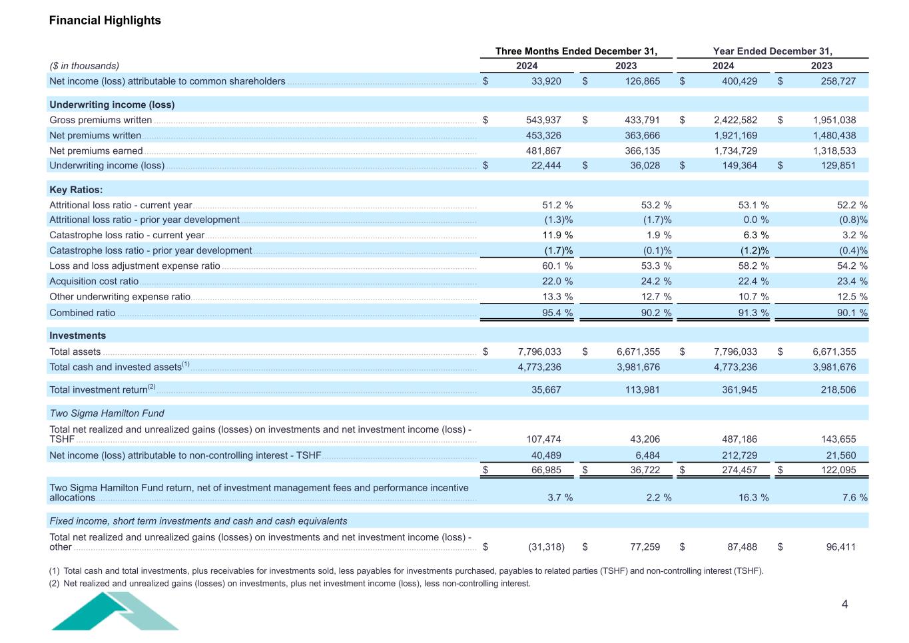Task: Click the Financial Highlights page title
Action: coord(105,20)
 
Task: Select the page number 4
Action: coord(845,604)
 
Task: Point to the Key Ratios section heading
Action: coord(76,190)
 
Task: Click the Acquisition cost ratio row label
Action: coord(94,282)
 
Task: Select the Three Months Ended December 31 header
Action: coord(576,51)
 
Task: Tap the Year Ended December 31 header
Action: coord(772,51)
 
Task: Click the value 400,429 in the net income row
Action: coord(735,81)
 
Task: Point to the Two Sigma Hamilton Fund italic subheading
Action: coord(107,413)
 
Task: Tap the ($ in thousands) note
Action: coord(85,66)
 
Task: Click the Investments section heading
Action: coord(78,335)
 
